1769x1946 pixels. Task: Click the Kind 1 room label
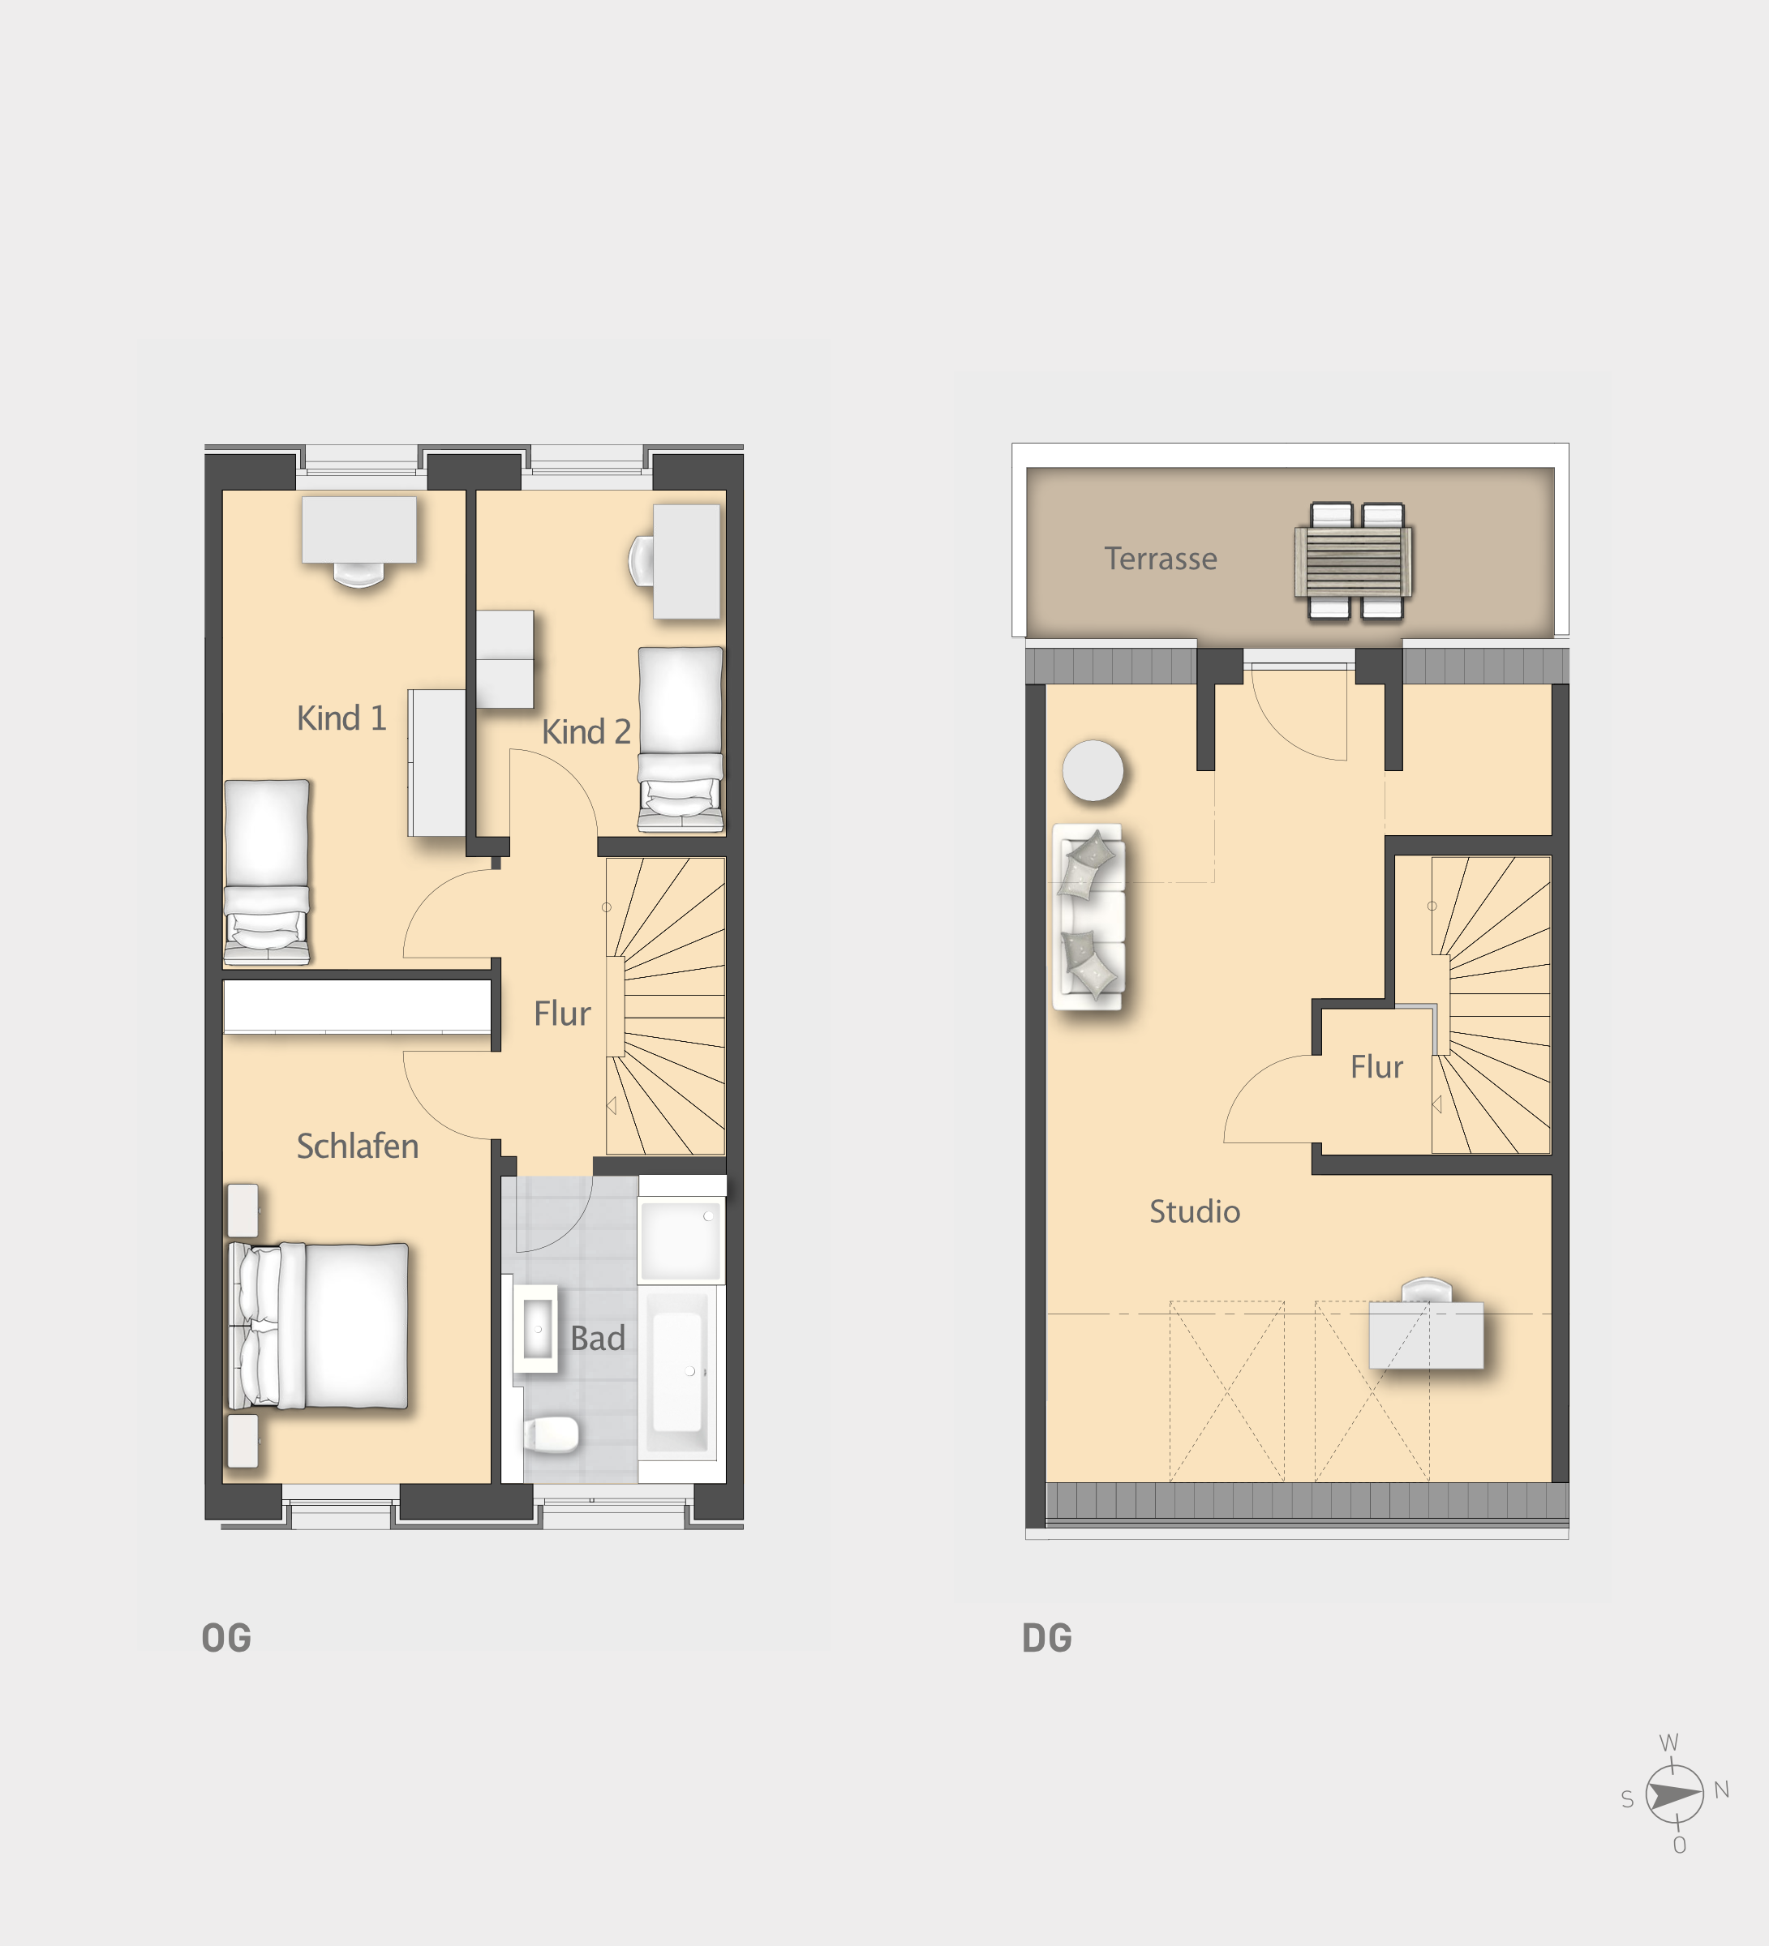pyautogui.click(x=341, y=718)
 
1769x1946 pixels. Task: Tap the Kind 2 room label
pyautogui.click(x=586, y=731)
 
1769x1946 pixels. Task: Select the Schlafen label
pyautogui.click(x=357, y=1146)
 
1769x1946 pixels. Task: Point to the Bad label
pyautogui.click(x=598, y=1338)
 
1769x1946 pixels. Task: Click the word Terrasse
pyautogui.click(x=1161, y=558)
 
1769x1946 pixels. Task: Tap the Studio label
pyautogui.click(x=1195, y=1211)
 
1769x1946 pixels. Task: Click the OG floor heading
pyautogui.click(x=227, y=1638)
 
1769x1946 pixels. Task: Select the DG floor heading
pyautogui.click(x=1048, y=1638)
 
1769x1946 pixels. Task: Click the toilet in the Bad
pyautogui.click(x=552, y=1434)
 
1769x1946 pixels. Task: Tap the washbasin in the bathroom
pyautogui.click(x=536, y=1328)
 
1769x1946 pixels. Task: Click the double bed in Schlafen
pyautogui.click(x=318, y=1327)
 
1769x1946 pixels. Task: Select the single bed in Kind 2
pyautogui.click(x=681, y=739)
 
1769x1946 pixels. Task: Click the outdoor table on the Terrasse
pyautogui.click(x=1354, y=562)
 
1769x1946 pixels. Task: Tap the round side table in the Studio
pyautogui.click(x=1093, y=770)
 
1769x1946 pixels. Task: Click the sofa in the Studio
pyautogui.click(x=1088, y=917)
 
